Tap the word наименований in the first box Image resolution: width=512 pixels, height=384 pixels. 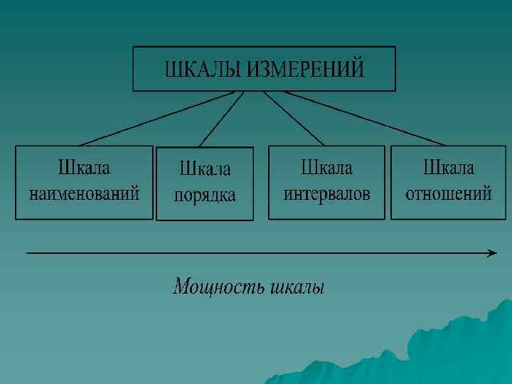pos(84,193)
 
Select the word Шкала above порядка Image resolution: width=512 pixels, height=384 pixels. pos(205,170)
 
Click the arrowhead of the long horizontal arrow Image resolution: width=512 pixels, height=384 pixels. pos(492,252)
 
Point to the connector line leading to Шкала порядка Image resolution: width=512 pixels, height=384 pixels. pos(221,119)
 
